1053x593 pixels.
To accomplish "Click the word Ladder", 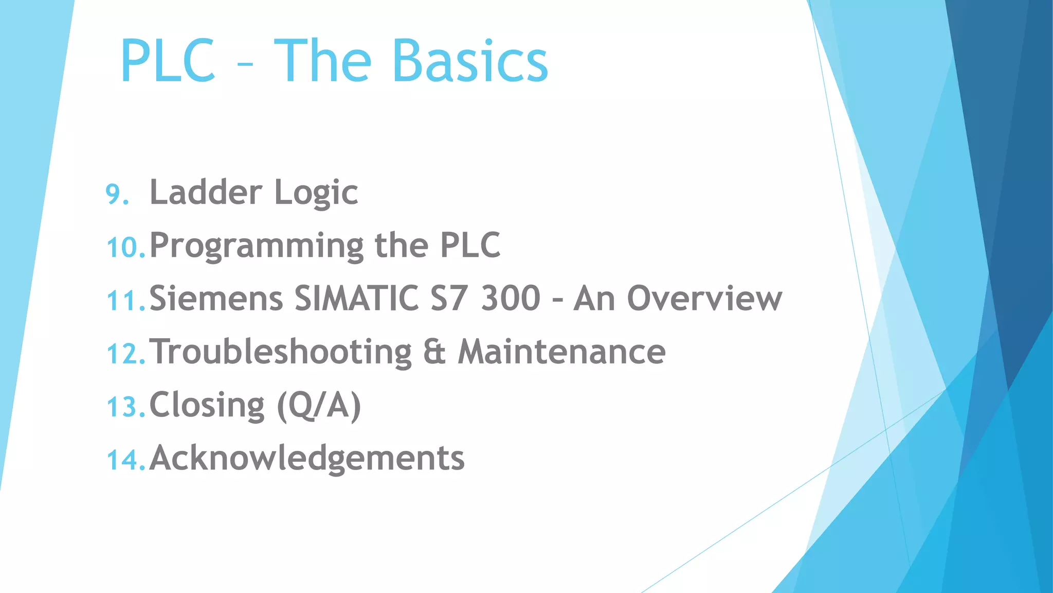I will pos(206,192).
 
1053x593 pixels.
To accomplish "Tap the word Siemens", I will pos(216,299).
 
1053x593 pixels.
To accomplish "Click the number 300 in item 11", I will pos(511,299).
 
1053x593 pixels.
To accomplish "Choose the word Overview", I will pos(704,299).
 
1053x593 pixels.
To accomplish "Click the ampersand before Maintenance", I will pos(434,352).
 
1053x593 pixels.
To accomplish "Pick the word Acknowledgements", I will pos(307,458).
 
